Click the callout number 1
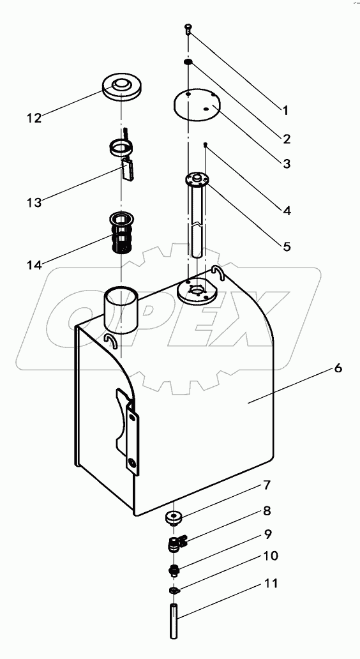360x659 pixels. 286,110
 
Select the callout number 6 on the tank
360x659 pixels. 338,368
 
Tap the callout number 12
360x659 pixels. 34,117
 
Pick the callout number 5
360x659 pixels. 287,246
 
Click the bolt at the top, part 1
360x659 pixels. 188,27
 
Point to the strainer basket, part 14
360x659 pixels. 122,233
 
